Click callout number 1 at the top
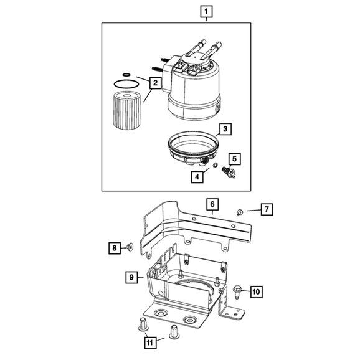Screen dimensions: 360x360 tap(206, 11)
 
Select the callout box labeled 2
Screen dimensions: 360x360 tap(154, 82)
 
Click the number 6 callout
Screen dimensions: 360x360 tap(211, 204)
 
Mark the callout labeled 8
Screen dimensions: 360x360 tap(114, 249)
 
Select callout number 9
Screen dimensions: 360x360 tap(131, 277)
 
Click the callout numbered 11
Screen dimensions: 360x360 tap(149, 342)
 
